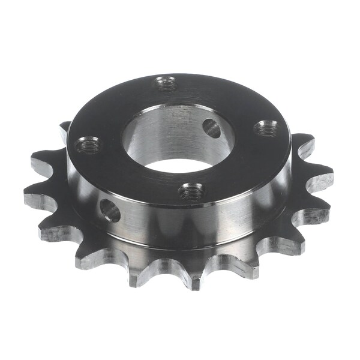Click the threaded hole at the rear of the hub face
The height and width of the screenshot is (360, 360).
click(167, 84)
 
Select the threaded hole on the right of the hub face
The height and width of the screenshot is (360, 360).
click(266, 128)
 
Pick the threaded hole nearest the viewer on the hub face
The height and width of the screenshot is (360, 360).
click(191, 193)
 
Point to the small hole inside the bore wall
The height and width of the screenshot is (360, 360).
click(211, 128)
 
